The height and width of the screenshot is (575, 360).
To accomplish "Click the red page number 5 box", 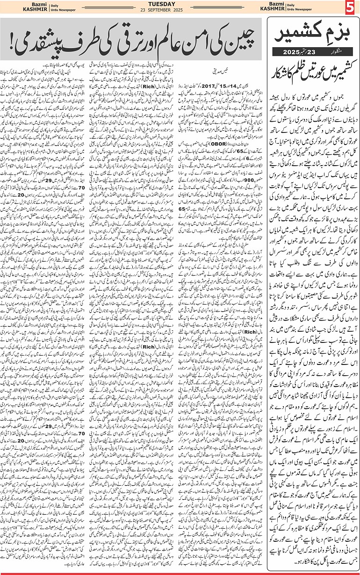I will pyautogui.click(x=352, y=8).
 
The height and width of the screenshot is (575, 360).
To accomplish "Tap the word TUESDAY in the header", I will pyautogui.click(x=180, y=4).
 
